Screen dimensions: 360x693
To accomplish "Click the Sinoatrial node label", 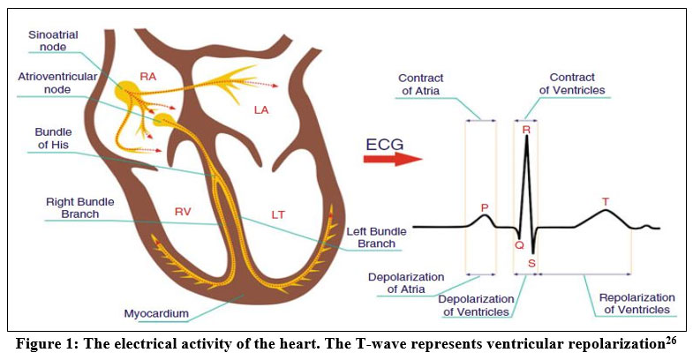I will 53,41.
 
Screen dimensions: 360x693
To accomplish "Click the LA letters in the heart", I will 261,109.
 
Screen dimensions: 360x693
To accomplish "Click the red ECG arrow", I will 392,159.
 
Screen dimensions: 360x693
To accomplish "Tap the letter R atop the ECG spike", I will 526,130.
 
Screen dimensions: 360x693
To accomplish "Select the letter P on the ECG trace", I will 484,207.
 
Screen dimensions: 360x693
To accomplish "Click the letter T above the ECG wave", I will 605,202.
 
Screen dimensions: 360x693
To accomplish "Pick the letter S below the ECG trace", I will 531,263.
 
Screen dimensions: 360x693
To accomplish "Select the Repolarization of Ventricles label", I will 637,304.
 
